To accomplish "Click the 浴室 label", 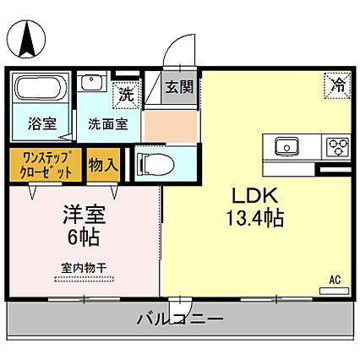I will pyautogui.click(x=43, y=123).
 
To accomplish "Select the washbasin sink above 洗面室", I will pyautogui.click(x=92, y=85).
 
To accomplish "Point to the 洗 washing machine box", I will pyautogui.click(x=126, y=95).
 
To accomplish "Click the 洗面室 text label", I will pyautogui.click(x=108, y=124).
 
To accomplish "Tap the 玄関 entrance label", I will pyautogui.click(x=179, y=87).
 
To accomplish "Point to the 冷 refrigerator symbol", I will pyautogui.click(x=336, y=85).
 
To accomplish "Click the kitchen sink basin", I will pyautogui.click(x=288, y=147).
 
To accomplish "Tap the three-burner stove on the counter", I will pyautogui.click(x=339, y=147).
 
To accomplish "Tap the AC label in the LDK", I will pyautogui.click(x=334, y=280).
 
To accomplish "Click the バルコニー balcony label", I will pyautogui.click(x=179, y=319).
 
